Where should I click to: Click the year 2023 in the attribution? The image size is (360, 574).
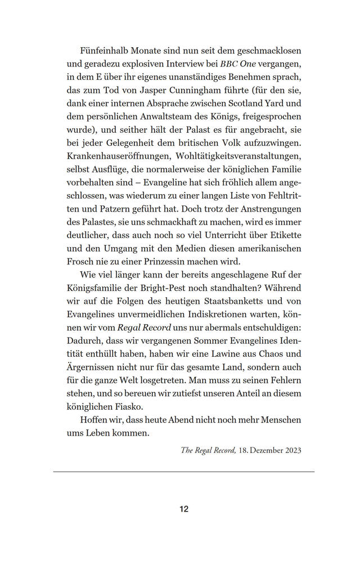point(291,450)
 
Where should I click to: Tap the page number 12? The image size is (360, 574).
point(184,509)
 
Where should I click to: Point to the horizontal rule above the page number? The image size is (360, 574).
point(184,472)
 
